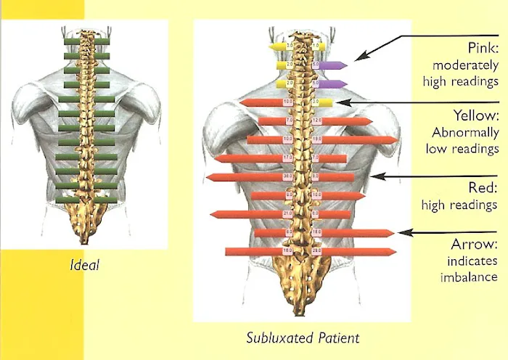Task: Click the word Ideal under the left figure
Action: pyautogui.click(x=86, y=266)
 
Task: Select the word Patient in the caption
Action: pyautogui.click(x=335, y=337)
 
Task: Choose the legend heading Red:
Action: pyautogui.click(x=483, y=188)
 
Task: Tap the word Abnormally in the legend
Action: pyautogui.click(x=465, y=133)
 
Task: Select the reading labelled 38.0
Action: pyautogui.click(x=287, y=176)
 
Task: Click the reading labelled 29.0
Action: pyautogui.click(x=316, y=251)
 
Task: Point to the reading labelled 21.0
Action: pyautogui.click(x=287, y=213)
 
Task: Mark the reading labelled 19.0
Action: pyautogui.click(x=316, y=138)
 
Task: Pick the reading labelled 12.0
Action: pyautogui.click(x=316, y=120)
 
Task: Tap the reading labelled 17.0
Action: pyautogui.click(x=287, y=157)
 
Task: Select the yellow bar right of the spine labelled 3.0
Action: pyautogui.click(x=324, y=102)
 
